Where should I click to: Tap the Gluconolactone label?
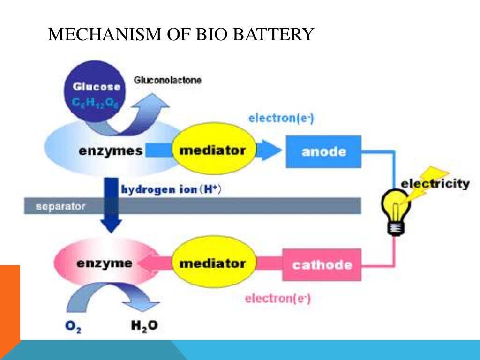(x=167, y=81)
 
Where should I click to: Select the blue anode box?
(x=323, y=151)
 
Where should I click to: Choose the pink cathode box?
(x=322, y=264)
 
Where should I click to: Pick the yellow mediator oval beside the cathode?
(x=212, y=263)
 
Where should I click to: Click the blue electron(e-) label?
(x=281, y=118)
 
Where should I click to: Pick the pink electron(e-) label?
(x=278, y=298)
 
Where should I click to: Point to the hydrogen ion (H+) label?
(x=171, y=190)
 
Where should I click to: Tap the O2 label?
(x=73, y=327)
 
